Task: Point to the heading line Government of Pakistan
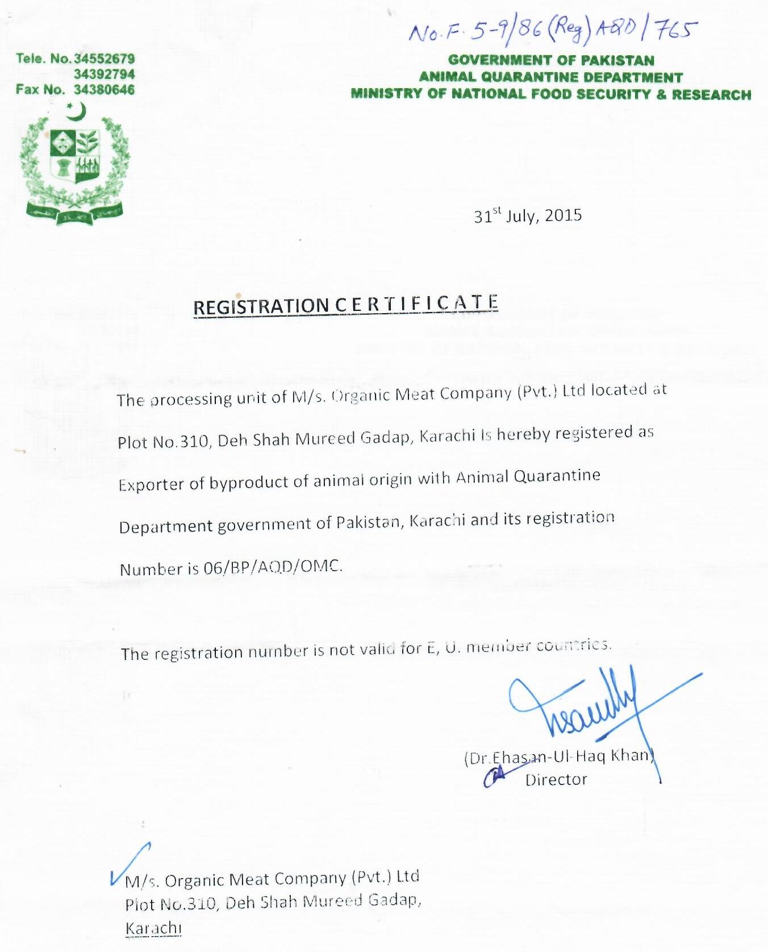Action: coord(551,60)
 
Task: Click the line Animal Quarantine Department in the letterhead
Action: coord(550,77)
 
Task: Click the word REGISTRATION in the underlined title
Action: coord(261,307)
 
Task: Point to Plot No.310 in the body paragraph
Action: coord(164,442)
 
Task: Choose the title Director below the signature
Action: coord(556,779)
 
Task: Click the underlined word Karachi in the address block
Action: coord(153,928)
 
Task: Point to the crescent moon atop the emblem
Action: coord(76,111)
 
